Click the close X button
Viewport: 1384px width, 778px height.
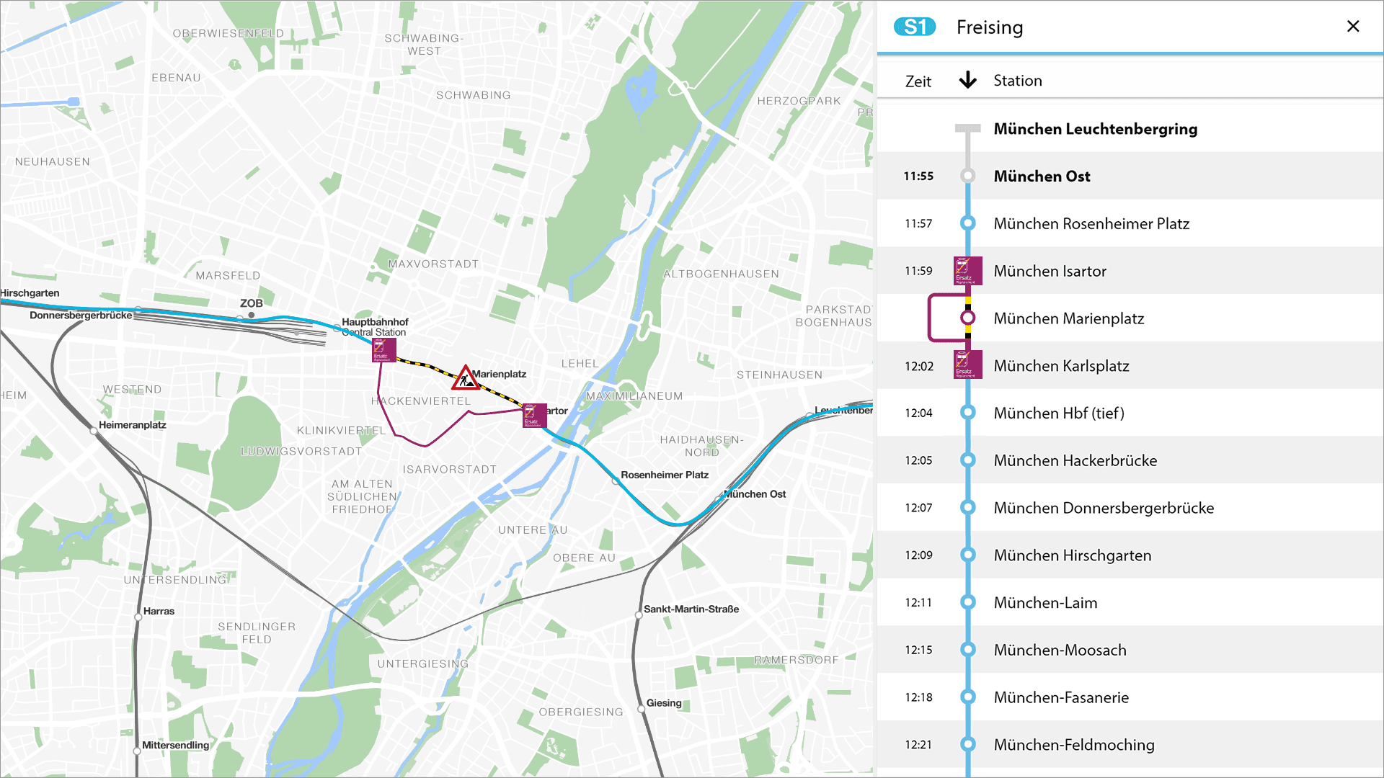pyautogui.click(x=1353, y=27)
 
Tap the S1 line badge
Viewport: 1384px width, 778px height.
pyautogui.click(x=914, y=27)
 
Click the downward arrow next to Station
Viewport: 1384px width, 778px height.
pyautogui.click(x=967, y=80)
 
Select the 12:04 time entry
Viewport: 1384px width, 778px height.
pyautogui.click(x=918, y=413)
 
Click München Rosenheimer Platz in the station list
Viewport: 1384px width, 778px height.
pyautogui.click(x=1091, y=224)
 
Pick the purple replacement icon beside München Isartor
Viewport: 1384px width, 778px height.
pyautogui.click(x=967, y=271)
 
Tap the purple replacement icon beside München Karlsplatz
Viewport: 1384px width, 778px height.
pyautogui.click(x=967, y=365)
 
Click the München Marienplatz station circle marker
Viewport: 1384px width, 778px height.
pyautogui.click(x=967, y=318)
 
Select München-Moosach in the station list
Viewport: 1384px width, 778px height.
pyautogui.click(x=1059, y=650)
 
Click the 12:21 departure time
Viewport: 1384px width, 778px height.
pyautogui.click(x=918, y=745)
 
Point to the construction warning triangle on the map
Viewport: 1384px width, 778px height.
pyautogui.click(x=466, y=377)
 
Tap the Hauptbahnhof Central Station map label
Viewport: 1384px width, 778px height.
pyautogui.click(x=374, y=327)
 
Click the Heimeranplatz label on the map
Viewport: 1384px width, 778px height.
pyautogui.click(x=133, y=425)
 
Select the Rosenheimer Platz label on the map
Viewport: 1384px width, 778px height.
pyautogui.click(x=664, y=475)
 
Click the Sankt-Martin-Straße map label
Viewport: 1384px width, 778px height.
pyautogui.click(x=691, y=609)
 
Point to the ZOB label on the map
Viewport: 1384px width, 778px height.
pyautogui.click(x=251, y=303)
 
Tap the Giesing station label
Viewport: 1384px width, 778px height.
pyautogui.click(x=663, y=703)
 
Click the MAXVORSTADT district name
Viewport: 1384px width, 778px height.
pyautogui.click(x=433, y=264)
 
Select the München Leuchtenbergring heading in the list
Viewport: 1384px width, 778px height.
pyautogui.click(x=1094, y=129)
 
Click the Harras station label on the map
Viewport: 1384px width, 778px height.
pyautogui.click(x=159, y=611)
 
